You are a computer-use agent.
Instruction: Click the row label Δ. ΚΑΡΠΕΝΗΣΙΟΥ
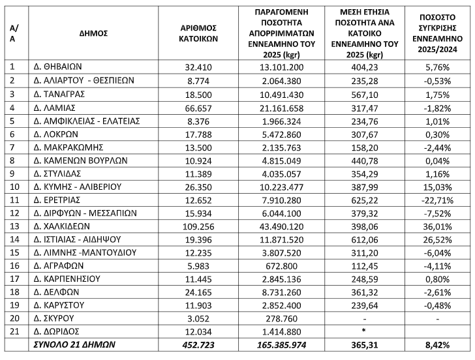click(x=67, y=278)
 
